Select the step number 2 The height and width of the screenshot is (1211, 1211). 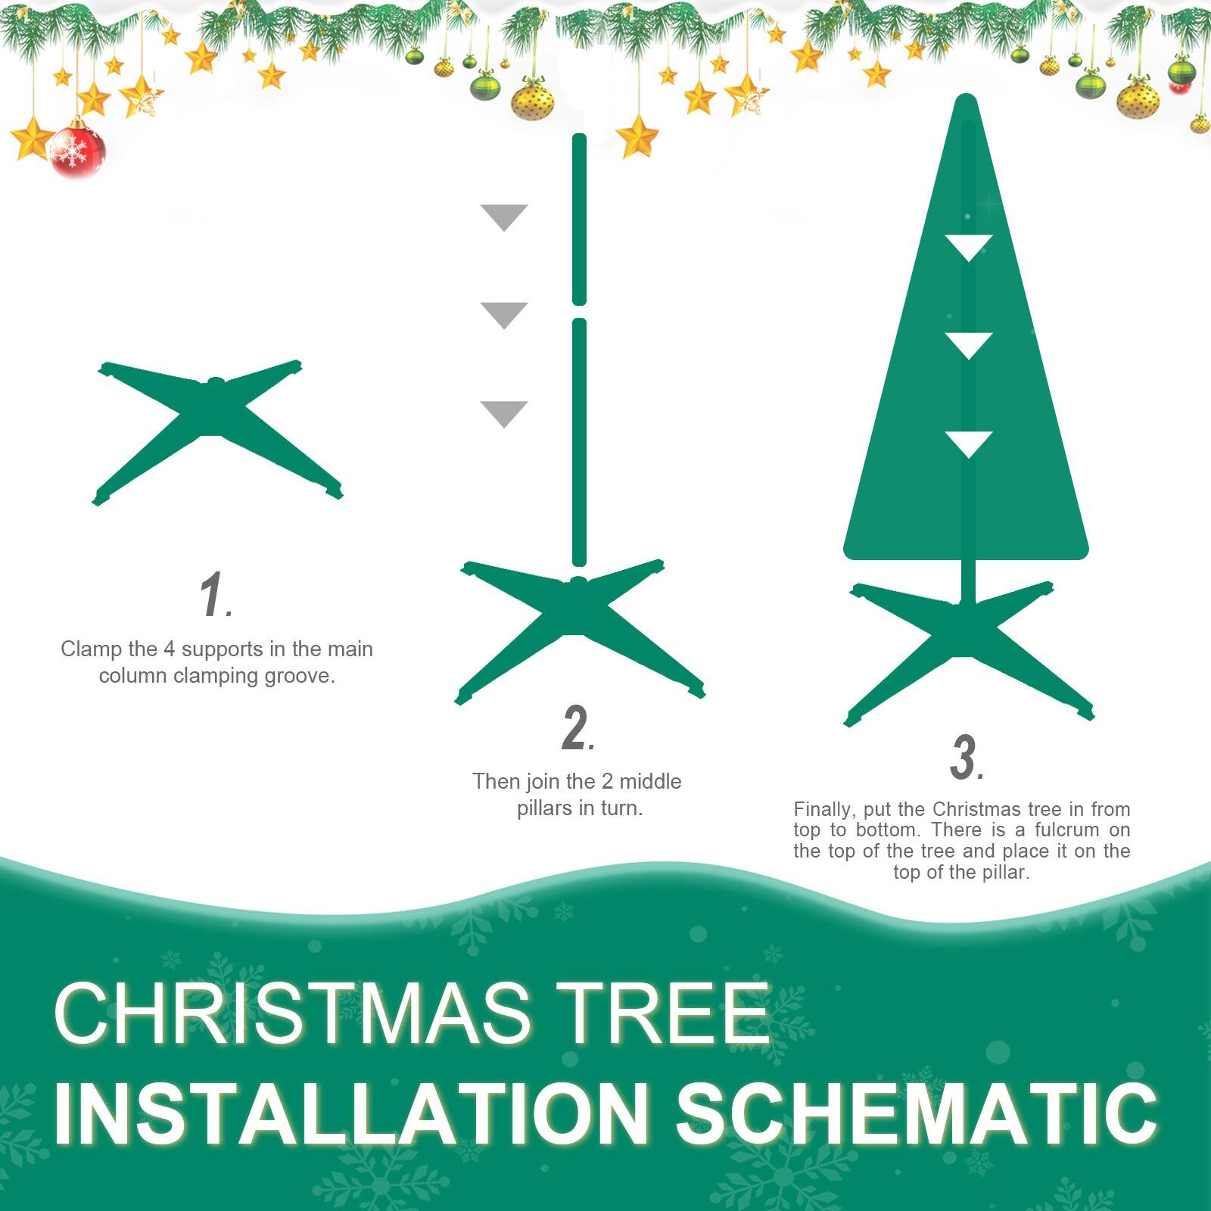point(577,728)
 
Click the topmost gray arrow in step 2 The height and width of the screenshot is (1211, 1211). point(504,216)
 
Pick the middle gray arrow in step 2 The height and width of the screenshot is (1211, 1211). point(504,314)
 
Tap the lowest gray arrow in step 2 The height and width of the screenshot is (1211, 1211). point(504,412)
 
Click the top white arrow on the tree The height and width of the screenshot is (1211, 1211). point(968,246)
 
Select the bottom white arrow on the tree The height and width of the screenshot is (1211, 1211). point(968,443)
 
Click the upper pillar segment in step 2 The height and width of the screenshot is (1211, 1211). point(579,219)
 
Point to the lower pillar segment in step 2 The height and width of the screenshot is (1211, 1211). point(579,443)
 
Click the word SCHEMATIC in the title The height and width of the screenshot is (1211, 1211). point(916,1114)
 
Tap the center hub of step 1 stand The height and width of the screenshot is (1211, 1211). point(216,384)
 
